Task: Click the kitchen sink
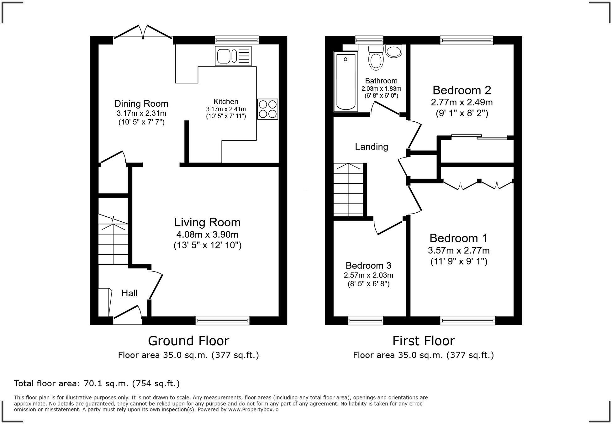[233, 56]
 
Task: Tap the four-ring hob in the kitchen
[268, 109]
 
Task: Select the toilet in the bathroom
[376, 57]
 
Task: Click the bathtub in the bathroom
[346, 82]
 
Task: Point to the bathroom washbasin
[393, 51]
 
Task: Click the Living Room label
[208, 222]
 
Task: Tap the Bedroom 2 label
[462, 90]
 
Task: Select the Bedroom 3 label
[368, 266]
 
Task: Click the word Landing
[372, 147]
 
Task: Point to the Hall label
[129, 293]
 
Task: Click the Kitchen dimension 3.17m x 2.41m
[226, 109]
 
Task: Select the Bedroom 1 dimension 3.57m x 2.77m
[459, 250]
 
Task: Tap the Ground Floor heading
[189, 341]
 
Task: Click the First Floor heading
[424, 341]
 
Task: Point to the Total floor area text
[97, 384]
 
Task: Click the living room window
[222, 320]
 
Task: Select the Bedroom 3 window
[366, 320]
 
